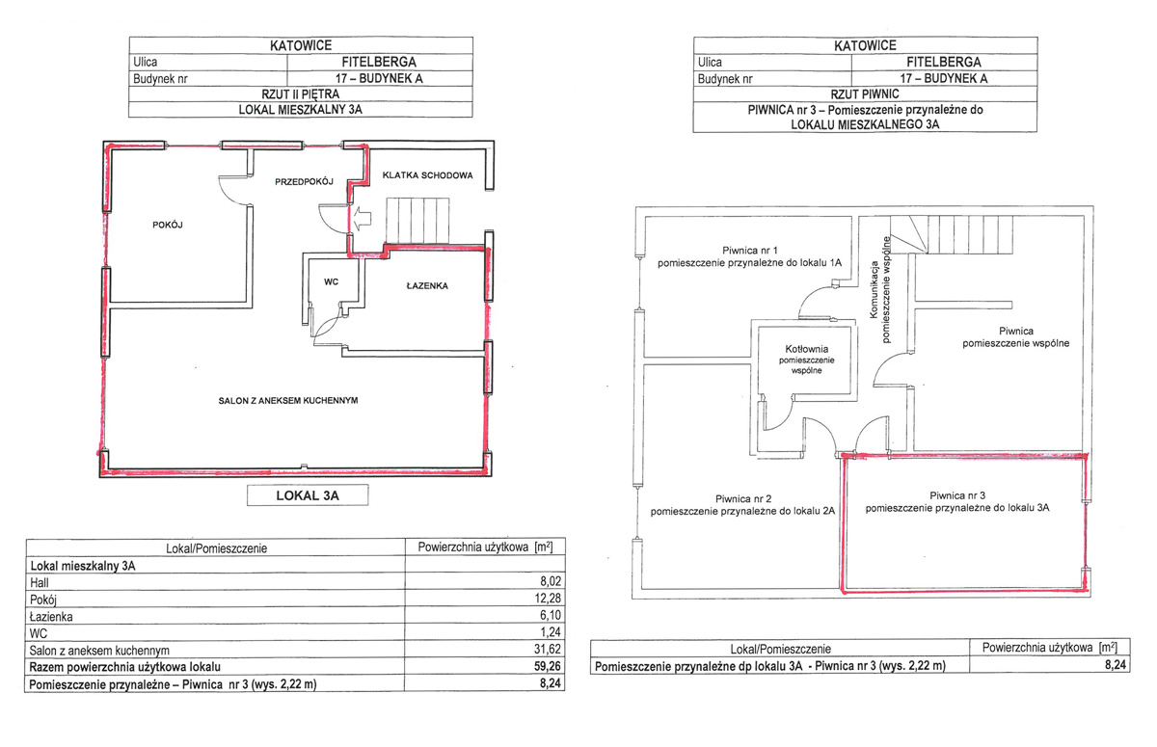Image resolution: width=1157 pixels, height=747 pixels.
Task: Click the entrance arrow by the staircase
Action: point(363,217)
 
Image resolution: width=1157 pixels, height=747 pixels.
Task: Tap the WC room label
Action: point(331,281)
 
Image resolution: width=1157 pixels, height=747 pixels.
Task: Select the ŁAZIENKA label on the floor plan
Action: point(427,286)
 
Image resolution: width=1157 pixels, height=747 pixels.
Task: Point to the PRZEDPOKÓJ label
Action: point(304,182)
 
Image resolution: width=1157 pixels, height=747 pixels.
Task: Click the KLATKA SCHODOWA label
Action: point(428,175)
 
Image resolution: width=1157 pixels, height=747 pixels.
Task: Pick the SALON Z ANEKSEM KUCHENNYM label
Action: point(288,401)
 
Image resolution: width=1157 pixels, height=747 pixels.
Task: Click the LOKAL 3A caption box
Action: point(308,495)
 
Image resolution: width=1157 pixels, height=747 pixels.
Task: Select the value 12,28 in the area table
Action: point(548,599)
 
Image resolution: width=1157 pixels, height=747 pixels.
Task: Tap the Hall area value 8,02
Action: point(551,581)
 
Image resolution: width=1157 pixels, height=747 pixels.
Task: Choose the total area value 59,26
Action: point(548,666)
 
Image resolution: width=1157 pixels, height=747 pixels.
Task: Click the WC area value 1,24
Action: point(551,632)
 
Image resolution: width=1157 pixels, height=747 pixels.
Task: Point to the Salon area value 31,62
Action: point(548,649)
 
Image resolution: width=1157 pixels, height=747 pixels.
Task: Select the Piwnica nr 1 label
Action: point(749,256)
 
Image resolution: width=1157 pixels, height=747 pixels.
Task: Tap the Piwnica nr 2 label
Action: point(742,505)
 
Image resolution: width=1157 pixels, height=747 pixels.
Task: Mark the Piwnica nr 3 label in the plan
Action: point(957,502)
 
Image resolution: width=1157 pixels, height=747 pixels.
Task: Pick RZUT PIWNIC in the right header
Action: point(865,94)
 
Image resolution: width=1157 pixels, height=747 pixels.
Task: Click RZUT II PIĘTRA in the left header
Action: point(301,94)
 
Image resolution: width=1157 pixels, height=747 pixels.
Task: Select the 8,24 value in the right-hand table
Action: point(1116,665)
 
